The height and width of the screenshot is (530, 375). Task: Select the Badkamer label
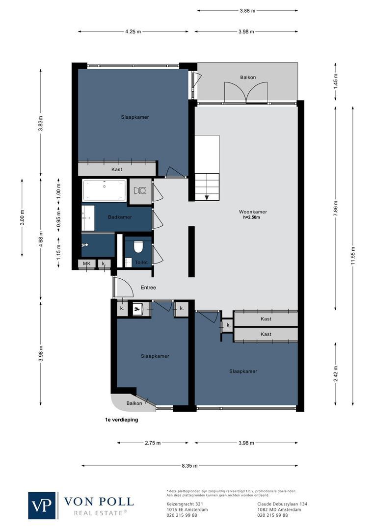[x=120, y=217]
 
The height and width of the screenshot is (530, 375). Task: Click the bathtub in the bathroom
[x=104, y=191]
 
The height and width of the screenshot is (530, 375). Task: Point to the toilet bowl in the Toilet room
[x=138, y=246]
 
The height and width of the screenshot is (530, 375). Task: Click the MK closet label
[x=86, y=264]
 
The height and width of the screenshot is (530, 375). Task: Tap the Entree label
[x=148, y=288]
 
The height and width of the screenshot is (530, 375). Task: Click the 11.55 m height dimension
[x=352, y=256]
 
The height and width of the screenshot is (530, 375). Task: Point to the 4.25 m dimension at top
[x=133, y=32]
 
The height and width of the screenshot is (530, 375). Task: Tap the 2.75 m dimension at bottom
[x=153, y=443]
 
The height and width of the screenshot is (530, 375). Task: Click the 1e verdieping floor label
[x=121, y=420]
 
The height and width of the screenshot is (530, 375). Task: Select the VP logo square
[x=42, y=505]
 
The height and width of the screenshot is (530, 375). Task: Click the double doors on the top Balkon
[x=246, y=93]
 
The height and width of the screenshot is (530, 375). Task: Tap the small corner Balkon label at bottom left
[x=134, y=403]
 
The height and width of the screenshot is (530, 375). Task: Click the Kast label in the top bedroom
[x=117, y=169]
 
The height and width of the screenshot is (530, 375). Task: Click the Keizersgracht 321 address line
[x=182, y=504]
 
